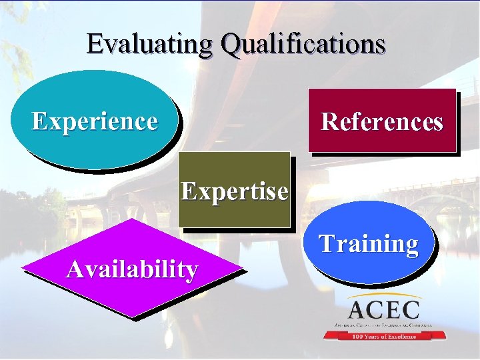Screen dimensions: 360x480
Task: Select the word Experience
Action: [x=95, y=121]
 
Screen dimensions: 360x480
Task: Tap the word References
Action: [x=382, y=122]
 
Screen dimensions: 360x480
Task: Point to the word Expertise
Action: [x=235, y=192]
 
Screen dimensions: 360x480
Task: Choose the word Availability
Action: [x=132, y=269]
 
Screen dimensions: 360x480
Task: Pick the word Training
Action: [x=369, y=244]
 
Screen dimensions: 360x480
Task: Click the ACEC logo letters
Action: [x=384, y=310]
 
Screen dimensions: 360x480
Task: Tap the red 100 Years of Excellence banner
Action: [x=384, y=336]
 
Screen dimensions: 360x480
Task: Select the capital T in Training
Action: [x=326, y=243]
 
